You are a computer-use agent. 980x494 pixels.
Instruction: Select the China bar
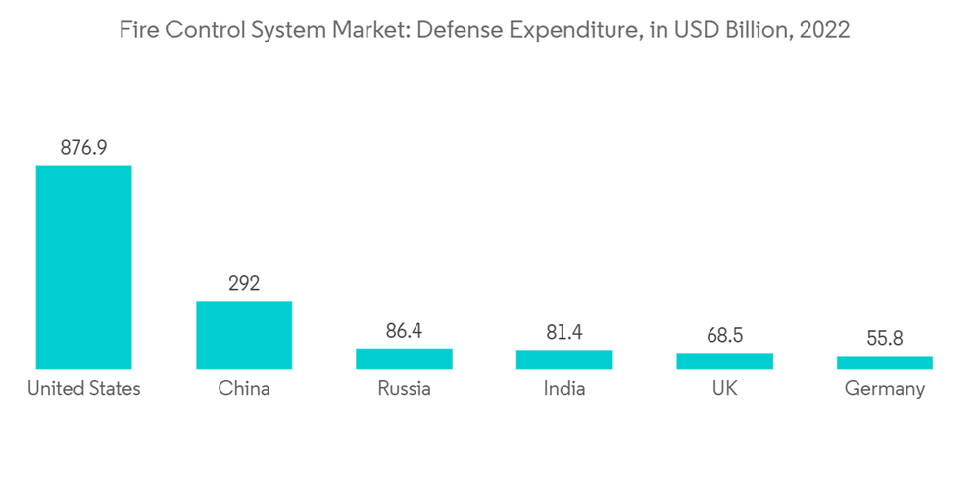point(244,334)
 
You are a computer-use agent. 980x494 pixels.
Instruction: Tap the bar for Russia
point(404,359)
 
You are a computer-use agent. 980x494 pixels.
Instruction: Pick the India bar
point(564,360)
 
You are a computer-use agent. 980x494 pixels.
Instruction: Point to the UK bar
point(724,361)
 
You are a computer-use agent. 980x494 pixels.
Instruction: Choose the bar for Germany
point(885,363)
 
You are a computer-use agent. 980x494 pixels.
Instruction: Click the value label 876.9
point(83,148)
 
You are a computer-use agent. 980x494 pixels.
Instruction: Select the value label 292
point(244,284)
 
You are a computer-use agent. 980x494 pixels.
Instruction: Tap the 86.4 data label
point(404,331)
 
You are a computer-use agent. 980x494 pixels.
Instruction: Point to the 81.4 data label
point(564,333)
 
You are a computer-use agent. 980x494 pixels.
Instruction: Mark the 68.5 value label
point(724,336)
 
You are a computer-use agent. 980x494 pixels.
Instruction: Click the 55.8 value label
point(885,339)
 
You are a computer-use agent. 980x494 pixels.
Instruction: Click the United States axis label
point(83,389)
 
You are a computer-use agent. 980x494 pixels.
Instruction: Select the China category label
point(244,389)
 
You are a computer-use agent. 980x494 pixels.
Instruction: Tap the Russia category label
point(404,389)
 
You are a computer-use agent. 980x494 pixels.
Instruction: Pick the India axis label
point(564,389)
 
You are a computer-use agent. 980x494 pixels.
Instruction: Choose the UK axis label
point(724,389)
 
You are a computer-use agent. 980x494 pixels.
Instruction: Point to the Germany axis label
point(885,389)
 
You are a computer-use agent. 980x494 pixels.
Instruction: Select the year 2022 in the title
point(824,30)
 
